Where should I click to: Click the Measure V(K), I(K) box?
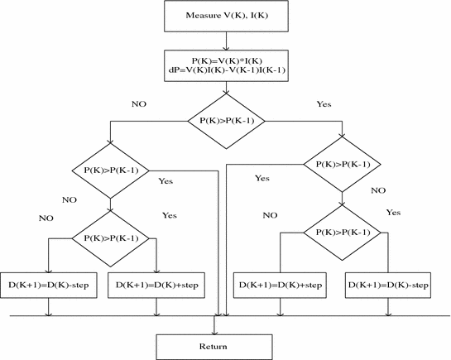(226, 14)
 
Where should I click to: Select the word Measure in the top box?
(205, 14)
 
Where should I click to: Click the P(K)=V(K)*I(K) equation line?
(226, 60)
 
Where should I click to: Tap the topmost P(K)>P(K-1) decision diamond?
(226, 121)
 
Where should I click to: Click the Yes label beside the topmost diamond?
(324, 104)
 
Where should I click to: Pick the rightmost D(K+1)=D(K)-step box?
(388, 285)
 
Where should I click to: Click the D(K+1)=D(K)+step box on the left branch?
(156, 285)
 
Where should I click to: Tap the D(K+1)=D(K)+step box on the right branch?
(280, 285)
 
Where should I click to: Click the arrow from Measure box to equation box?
(226, 39)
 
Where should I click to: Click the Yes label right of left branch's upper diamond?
(166, 180)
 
